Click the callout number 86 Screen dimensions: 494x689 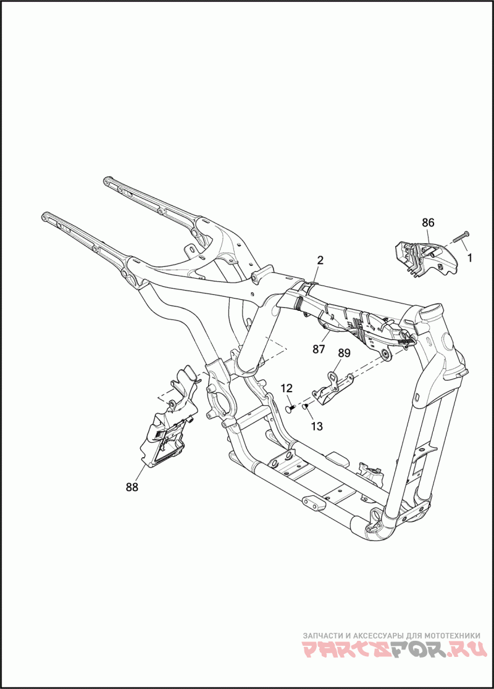[x=428, y=223]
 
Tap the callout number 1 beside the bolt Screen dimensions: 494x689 [x=469, y=258]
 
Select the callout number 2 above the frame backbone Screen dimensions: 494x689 [x=320, y=260]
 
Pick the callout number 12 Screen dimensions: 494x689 [x=287, y=388]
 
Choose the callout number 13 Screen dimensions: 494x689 [x=317, y=426]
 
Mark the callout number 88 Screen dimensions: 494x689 [x=132, y=487]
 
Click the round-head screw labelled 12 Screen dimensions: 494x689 [x=290, y=409]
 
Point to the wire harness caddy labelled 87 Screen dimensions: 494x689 [x=352, y=321]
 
